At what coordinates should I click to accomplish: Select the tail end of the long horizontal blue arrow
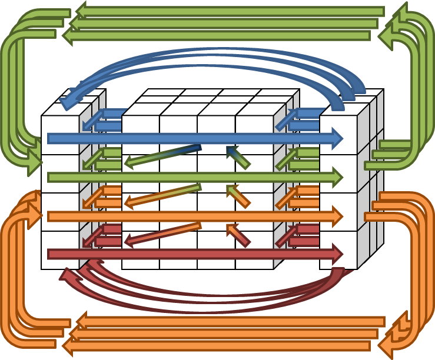click(51, 138)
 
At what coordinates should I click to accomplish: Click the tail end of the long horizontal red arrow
click(51, 254)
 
